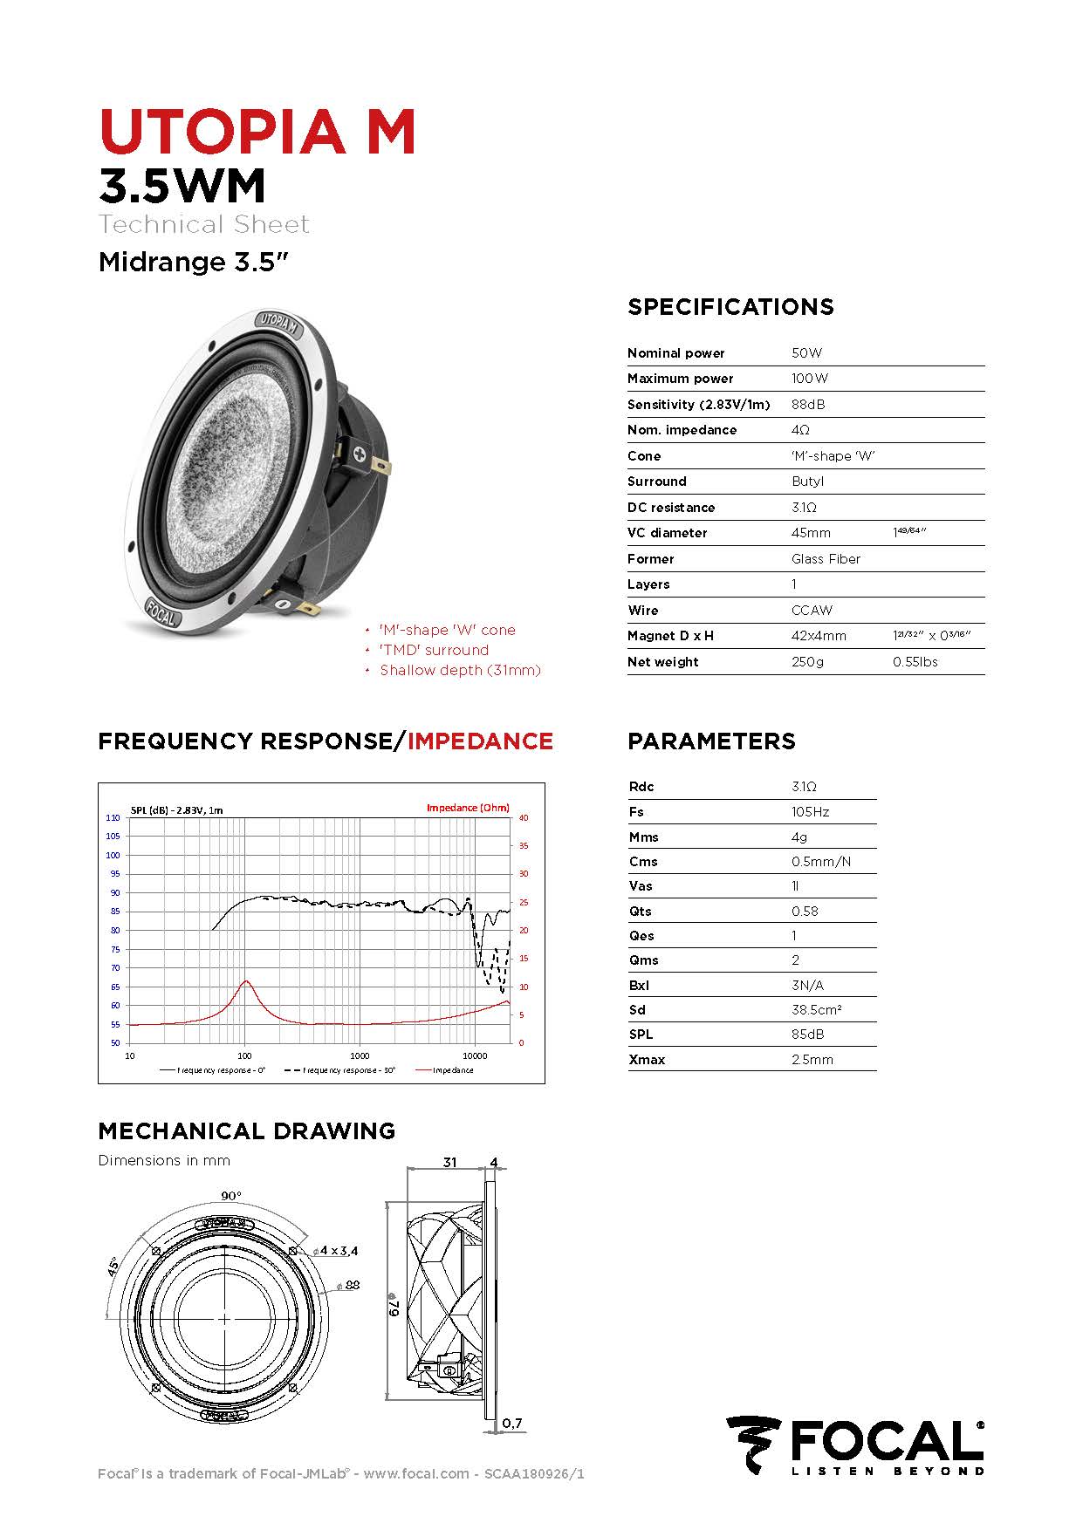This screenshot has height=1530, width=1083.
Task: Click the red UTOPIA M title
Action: click(x=257, y=132)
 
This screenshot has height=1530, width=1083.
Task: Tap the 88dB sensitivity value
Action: click(x=807, y=404)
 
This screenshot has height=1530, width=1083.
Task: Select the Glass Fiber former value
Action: click(x=826, y=558)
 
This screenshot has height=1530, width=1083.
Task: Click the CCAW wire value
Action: click(x=812, y=610)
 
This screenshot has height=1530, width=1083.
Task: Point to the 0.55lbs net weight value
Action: click(x=915, y=661)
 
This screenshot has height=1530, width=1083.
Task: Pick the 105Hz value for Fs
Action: click(x=810, y=811)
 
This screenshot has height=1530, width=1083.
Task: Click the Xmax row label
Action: click(x=647, y=1059)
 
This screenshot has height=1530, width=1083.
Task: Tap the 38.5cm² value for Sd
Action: click(x=816, y=1009)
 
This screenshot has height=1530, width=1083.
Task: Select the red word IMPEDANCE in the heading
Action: click(x=480, y=741)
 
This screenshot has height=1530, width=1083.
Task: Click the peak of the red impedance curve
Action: click(x=246, y=981)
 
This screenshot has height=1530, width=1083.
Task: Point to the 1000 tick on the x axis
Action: click(x=360, y=1055)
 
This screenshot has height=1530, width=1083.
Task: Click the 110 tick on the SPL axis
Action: click(x=113, y=817)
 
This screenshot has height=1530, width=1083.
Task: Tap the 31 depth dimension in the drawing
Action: click(x=449, y=1162)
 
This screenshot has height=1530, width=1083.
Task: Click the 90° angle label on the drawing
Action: click(x=230, y=1195)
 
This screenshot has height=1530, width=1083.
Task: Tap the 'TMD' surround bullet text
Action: click(x=434, y=650)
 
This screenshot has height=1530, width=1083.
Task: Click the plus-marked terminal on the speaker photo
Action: click(x=360, y=454)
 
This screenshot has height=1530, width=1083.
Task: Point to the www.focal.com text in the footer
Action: click(x=416, y=1473)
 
